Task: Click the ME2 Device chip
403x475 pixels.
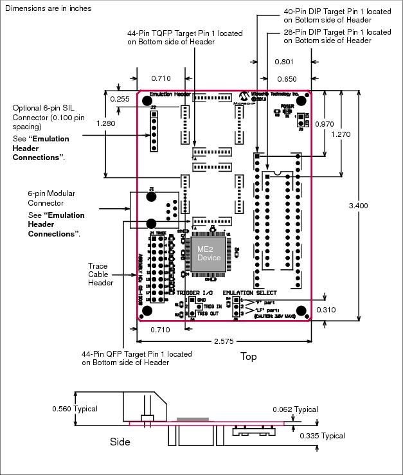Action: click(x=208, y=253)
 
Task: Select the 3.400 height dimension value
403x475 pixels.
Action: click(x=358, y=206)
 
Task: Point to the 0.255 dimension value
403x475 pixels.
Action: click(x=120, y=99)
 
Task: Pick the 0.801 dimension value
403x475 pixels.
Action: click(x=284, y=62)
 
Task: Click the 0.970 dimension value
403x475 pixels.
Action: click(x=325, y=123)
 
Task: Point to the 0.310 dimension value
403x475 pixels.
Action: click(x=327, y=309)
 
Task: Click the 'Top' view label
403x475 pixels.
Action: click(x=249, y=355)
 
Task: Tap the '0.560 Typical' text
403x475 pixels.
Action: click(x=75, y=408)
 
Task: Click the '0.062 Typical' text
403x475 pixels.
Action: click(x=295, y=409)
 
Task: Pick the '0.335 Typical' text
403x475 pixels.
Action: click(x=322, y=435)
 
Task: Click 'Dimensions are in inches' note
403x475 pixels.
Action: click(x=48, y=8)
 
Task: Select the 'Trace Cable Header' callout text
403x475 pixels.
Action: click(x=102, y=274)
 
